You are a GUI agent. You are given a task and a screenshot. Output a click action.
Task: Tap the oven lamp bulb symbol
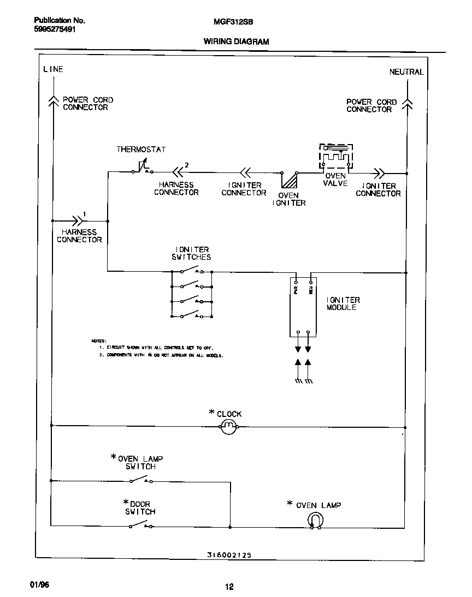pos(315,521)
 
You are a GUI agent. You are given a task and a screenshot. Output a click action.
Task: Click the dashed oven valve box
pos(336,157)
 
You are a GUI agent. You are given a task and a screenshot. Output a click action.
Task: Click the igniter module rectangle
pos(303,307)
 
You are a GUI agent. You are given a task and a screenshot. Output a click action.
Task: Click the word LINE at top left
pos(53,69)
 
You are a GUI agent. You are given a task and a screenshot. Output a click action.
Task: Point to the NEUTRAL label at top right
pos(406,71)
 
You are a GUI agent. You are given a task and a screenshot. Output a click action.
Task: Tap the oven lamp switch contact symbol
pos(141,480)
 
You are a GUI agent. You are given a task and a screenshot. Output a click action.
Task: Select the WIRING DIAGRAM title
pos(236,41)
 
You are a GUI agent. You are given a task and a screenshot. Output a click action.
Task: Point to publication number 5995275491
pos(51,30)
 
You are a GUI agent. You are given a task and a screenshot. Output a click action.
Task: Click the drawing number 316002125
pos(229,554)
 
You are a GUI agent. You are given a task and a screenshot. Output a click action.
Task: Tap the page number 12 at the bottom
pos(229,587)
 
